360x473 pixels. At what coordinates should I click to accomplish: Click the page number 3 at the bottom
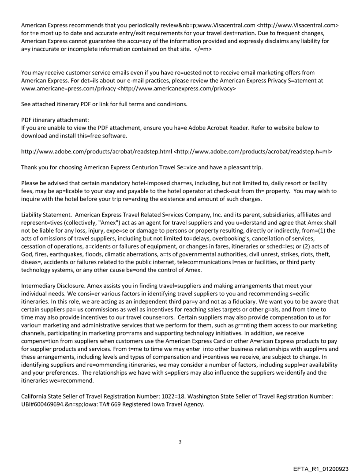[180, 442]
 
